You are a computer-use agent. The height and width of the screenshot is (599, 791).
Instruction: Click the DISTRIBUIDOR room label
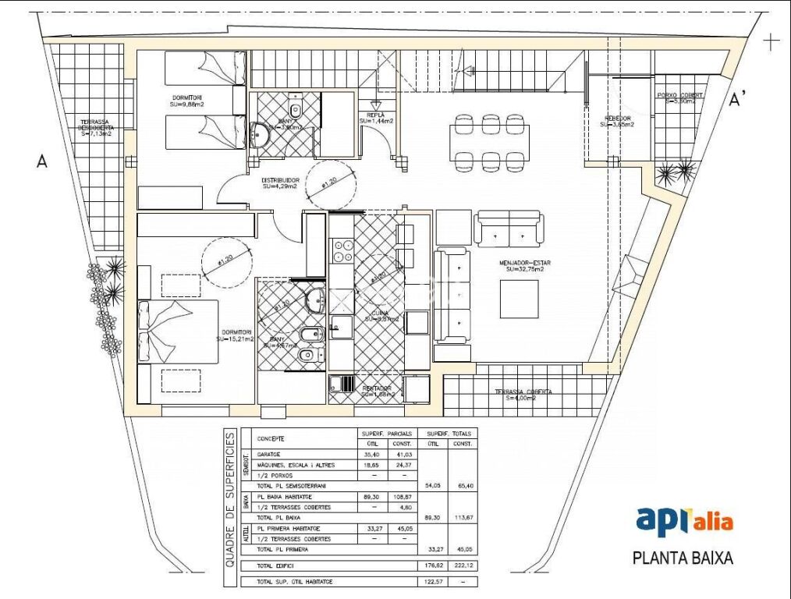[x=280, y=183]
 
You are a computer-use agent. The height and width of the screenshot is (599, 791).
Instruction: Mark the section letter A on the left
[x=42, y=161]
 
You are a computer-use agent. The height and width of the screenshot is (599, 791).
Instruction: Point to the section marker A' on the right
[x=737, y=99]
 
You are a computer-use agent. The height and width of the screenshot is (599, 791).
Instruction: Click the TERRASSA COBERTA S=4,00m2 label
[x=523, y=395]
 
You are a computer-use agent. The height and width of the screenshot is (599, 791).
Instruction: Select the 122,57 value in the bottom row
[x=431, y=582]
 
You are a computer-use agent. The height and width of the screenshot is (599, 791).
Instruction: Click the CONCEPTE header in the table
[x=271, y=439]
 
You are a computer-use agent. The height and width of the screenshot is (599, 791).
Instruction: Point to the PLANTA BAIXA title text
[x=683, y=558]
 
